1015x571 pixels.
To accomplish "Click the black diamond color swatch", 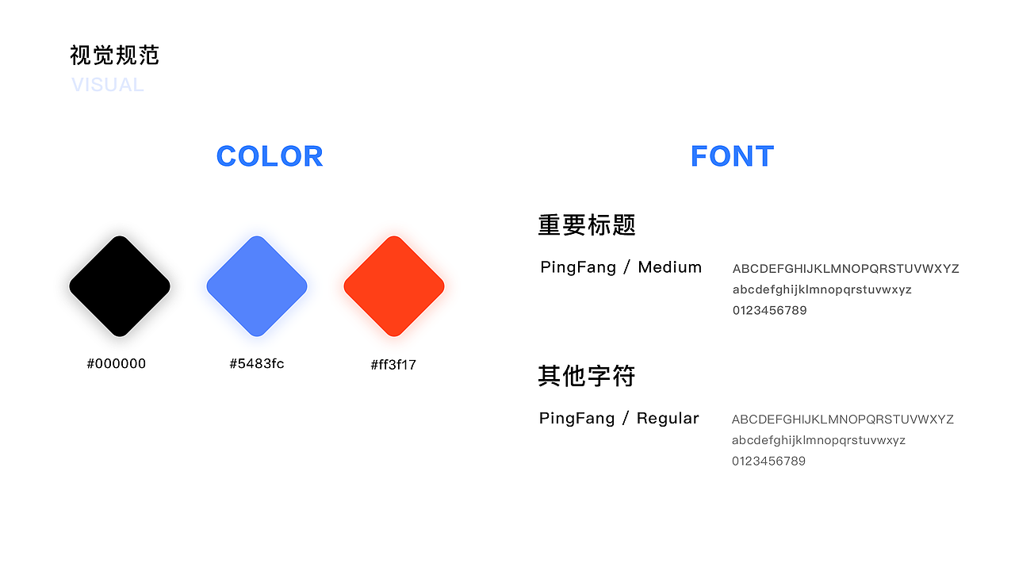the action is pos(120,286).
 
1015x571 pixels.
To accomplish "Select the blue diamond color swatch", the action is pos(257,286).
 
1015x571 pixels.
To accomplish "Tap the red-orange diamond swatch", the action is pos(394,286).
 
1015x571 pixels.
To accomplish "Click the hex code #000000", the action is pos(117,363).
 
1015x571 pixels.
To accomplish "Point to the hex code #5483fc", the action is pos(257,363).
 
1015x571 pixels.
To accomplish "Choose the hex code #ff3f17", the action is pos(393,365).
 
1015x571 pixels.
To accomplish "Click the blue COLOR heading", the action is pos(270,156).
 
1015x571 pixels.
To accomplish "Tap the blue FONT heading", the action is pos(732,156).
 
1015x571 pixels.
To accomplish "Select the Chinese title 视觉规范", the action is pos(115,56).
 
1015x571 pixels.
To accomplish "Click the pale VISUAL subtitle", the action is pos(108,85).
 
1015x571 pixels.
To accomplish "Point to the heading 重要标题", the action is pos(587,225).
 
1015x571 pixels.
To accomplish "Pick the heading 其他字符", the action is pos(587,376).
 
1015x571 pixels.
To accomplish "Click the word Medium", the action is pos(670,267).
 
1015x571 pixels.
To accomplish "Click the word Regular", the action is pos(668,418).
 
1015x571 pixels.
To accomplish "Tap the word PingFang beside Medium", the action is pos(578,268).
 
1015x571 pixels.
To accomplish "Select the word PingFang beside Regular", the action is pos(576,419).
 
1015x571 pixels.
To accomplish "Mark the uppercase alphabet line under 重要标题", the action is pos(845,269).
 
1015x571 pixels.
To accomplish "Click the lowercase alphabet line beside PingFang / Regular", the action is pos(818,440).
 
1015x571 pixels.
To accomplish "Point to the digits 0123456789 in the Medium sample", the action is pos(769,310).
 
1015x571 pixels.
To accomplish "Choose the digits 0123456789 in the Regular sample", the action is pos(768,462).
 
